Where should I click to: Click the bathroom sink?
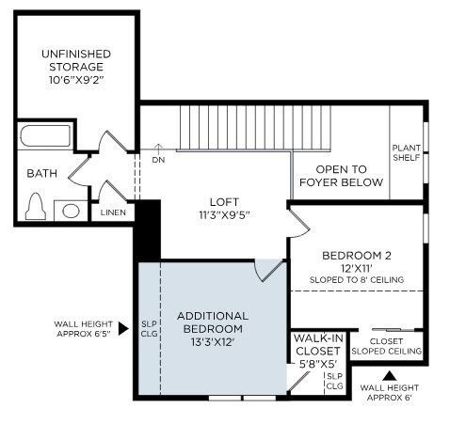tap(70, 210)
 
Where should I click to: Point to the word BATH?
tap(42, 174)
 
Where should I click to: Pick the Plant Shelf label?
tap(407, 151)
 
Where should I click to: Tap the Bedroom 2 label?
tap(356, 255)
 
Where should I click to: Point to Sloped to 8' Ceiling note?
tap(356, 279)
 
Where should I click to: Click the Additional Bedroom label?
tap(212, 322)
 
